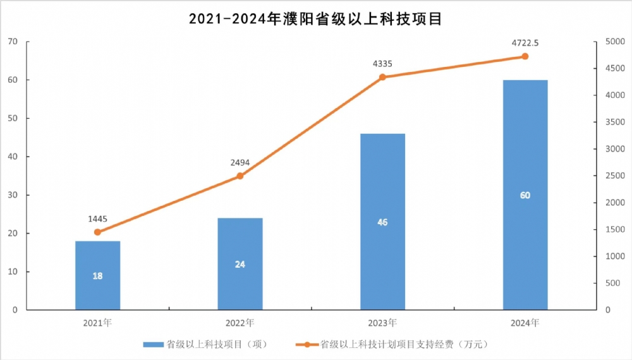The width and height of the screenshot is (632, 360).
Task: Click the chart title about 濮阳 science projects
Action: (x=315, y=18)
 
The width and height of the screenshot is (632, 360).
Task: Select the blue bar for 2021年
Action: (x=97, y=275)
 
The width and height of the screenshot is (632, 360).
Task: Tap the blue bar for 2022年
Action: (x=240, y=264)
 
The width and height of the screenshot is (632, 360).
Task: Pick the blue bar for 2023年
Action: (x=382, y=222)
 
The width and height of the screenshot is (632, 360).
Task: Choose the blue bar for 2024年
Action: (x=525, y=195)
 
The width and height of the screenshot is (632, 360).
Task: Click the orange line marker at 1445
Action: (x=97, y=232)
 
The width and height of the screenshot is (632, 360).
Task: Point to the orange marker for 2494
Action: (x=240, y=176)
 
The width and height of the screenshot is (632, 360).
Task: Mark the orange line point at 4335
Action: (x=382, y=77)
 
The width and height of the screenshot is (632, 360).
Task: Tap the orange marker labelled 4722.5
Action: (x=525, y=56)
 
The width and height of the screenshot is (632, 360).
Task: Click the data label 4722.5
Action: (x=525, y=44)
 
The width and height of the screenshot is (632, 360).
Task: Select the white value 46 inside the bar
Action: (x=382, y=222)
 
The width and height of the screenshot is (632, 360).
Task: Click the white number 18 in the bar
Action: (x=97, y=276)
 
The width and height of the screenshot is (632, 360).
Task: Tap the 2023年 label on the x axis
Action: (x=382, y=323)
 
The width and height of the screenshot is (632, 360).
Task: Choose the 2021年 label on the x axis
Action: (x=97, y=323)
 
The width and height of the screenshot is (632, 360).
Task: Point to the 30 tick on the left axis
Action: (x=13, y=195)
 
